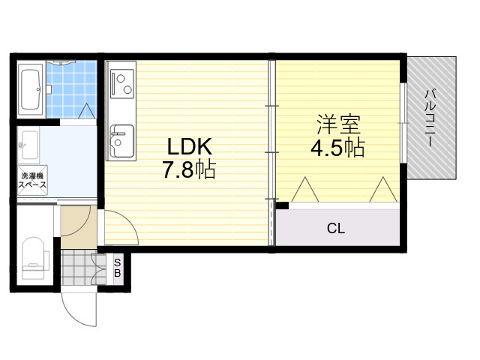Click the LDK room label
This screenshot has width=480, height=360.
[x=190, y=147]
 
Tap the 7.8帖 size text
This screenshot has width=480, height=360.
[x=189, y=169]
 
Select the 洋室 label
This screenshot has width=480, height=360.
[x=338, y=124]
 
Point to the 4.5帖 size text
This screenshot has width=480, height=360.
[x=337, y=148]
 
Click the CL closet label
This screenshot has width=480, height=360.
[x=336, y=228]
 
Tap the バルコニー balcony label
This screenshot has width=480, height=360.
[x=430, y=118]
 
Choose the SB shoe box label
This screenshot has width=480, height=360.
[x=117, y=268]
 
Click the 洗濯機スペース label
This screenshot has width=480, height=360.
[x=32, y=180]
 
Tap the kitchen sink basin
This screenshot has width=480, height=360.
[x=121, y=140]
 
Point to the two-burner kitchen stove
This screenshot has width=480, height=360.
[x=121, y=83]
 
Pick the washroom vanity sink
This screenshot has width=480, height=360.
[x=28, y=145]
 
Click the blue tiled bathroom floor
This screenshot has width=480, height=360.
[x=72, y=89]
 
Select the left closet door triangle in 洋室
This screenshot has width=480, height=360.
[x=305, y=190]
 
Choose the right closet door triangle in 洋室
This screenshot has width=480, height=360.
[x=383, y=190]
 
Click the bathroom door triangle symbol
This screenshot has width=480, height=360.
[x=87, y=111]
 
